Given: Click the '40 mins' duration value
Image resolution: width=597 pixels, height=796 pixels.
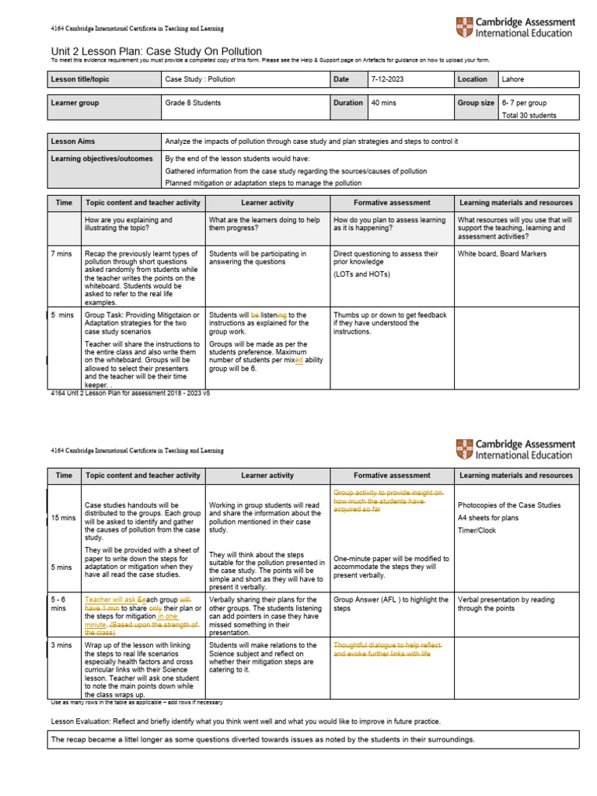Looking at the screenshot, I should (x=384, y=103).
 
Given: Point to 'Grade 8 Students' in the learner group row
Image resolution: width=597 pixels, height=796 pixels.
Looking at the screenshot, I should (x=193, y=103).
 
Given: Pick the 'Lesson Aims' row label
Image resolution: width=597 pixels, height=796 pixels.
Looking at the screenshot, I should (x=73, y=141).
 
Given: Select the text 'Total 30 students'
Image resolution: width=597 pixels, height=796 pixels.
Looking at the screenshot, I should (x=529, y=115).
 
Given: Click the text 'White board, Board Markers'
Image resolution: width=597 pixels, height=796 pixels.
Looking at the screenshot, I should (x=501, y=254).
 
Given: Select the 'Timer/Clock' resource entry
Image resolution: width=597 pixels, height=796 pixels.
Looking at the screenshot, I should (x=478, y=530).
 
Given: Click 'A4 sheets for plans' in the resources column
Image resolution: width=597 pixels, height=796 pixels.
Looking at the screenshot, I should (x=492, y=518).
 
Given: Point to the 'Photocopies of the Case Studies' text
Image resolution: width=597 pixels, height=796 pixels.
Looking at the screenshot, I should (x=508, y=505).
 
